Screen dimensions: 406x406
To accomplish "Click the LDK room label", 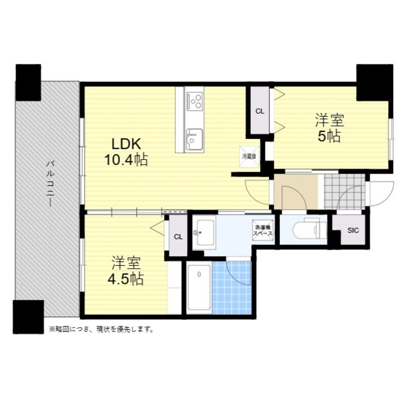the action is coord(126,144).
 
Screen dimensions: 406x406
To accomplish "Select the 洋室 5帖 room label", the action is coord(330,128).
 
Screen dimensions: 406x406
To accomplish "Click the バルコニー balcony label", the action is coord(50,184).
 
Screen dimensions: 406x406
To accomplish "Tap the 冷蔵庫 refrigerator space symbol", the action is coord(249,157).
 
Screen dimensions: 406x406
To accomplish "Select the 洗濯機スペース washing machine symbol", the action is coord(263,231).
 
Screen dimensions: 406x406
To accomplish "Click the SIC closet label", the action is coord(353,230).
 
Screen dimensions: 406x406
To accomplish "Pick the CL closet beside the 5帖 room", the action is coord(260,111).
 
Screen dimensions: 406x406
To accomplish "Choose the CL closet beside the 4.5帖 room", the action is coord(178,237).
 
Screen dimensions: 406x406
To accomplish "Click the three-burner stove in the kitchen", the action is coord(194,101).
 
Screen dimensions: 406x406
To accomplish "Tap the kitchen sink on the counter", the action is coord(194,138).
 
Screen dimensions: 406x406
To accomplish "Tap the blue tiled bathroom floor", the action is coord(232,287).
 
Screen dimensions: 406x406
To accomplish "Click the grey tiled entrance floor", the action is coord(345,191).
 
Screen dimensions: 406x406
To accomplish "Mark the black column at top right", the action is coord(375,82).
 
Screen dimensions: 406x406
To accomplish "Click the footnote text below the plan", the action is coord(101,330).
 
